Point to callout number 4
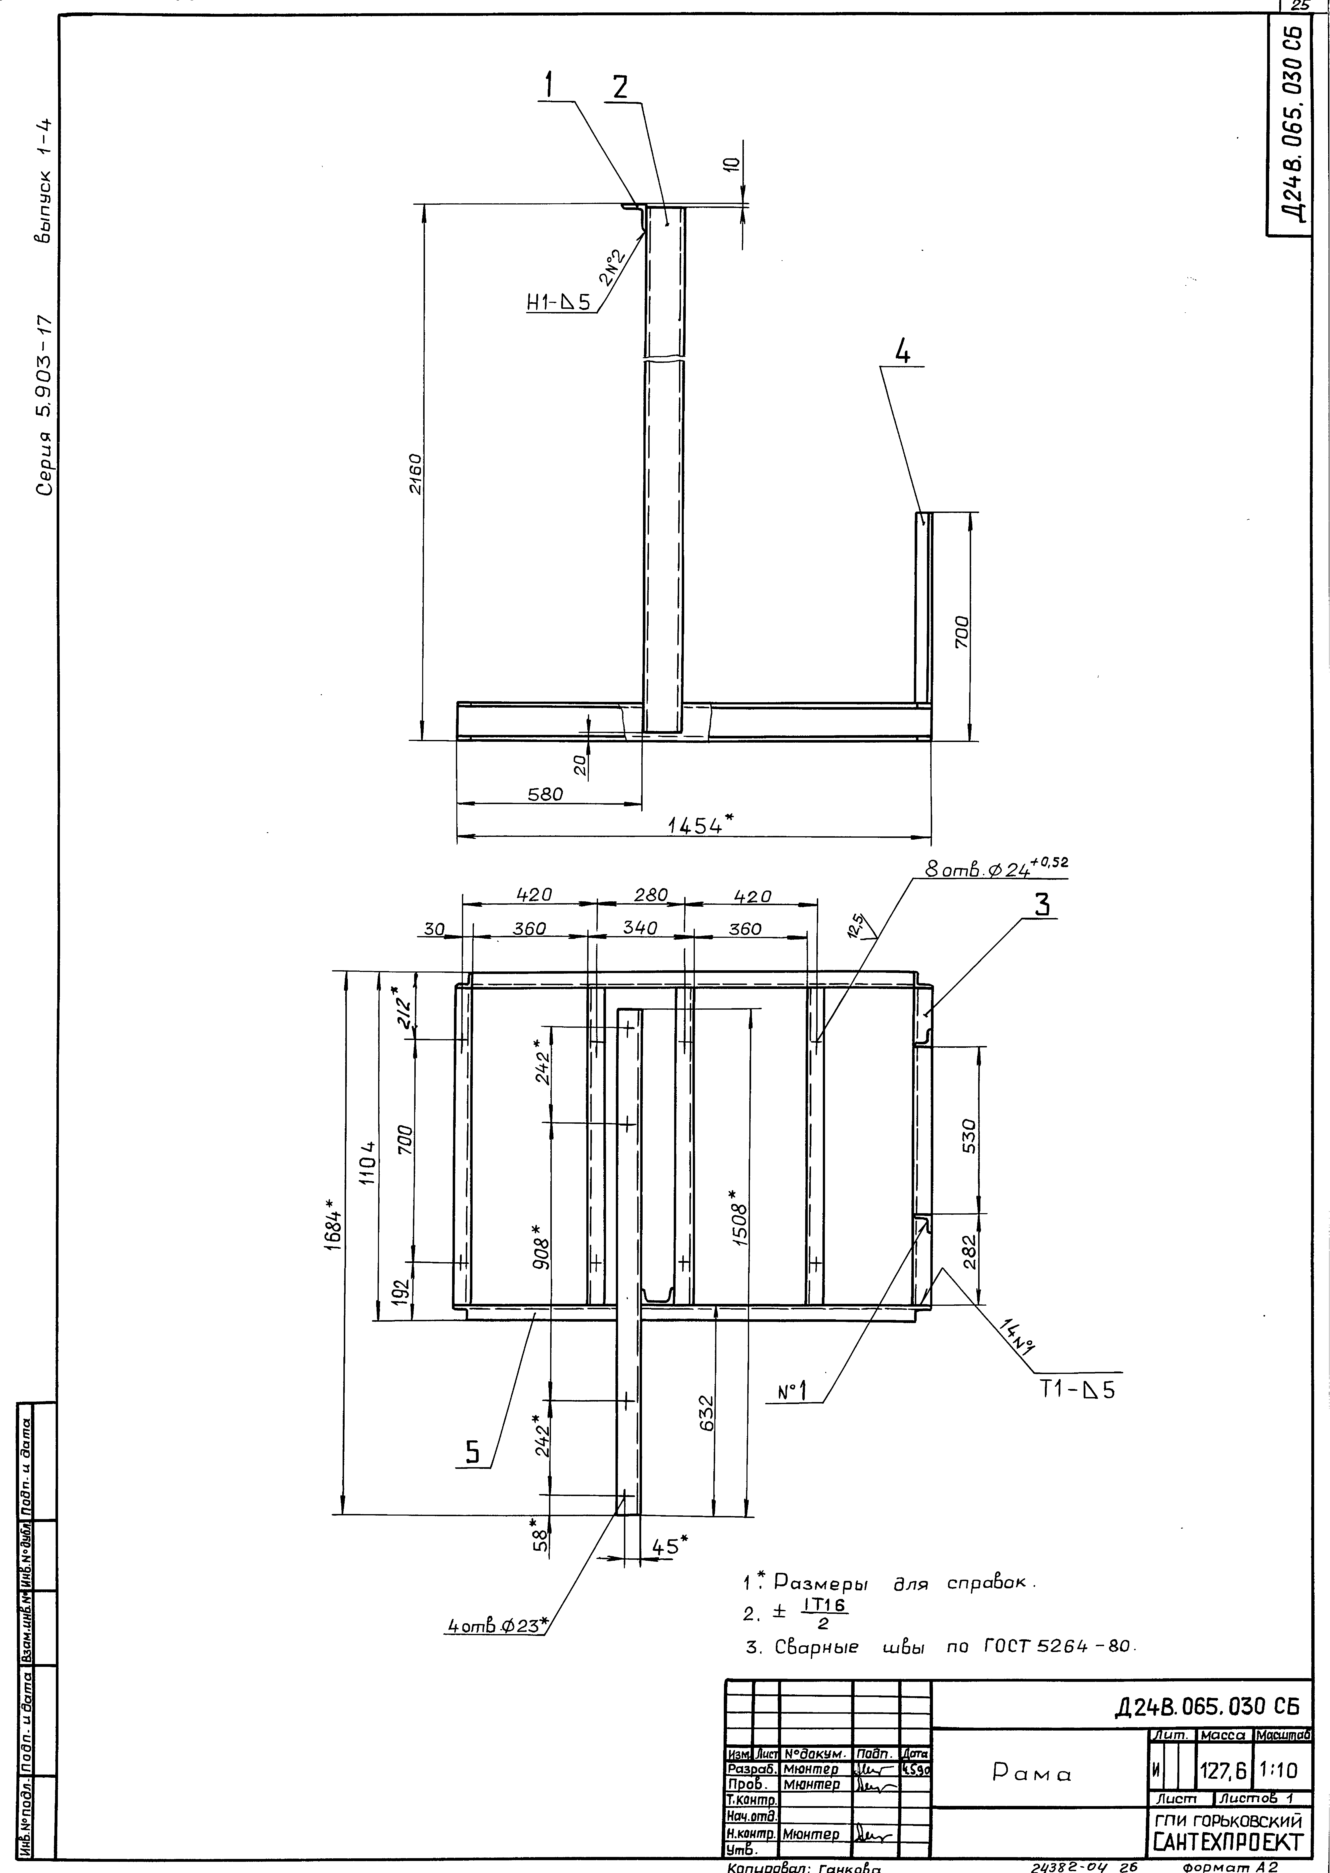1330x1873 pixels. pyautogui.click(x=902, y=353)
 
